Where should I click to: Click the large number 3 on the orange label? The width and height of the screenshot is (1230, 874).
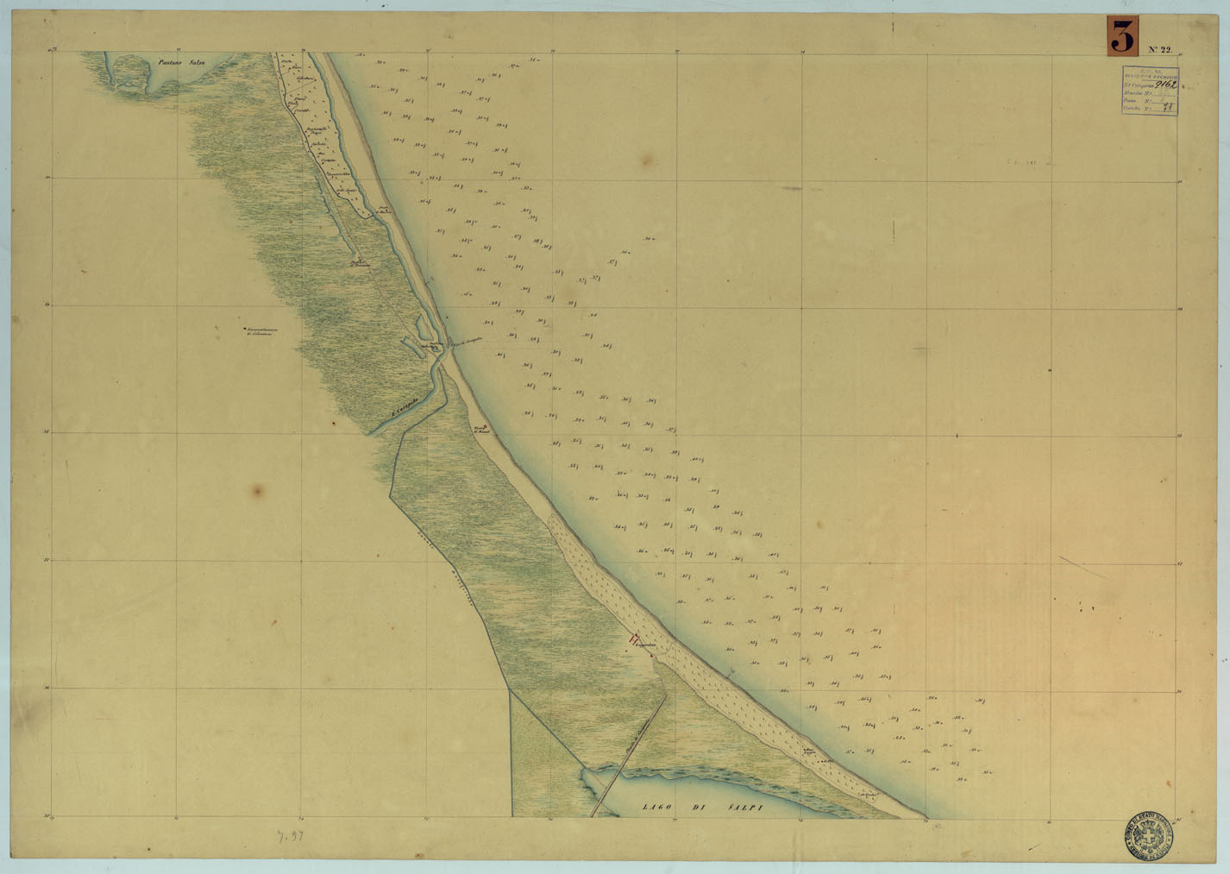[1121, 39]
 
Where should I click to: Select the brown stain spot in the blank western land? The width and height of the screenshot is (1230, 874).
[256, 491]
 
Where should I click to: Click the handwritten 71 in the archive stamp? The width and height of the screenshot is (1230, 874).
[1169, 109]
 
